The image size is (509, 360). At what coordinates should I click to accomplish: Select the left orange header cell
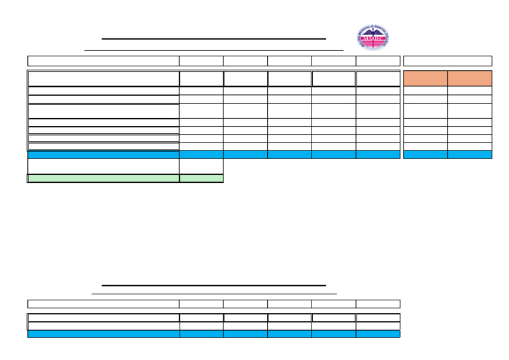(x=425, y=78)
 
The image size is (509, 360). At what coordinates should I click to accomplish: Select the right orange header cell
(x=470, y=78)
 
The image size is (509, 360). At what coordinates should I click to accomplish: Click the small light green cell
(x=201, y=178)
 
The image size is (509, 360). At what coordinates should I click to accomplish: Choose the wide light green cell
(x=103, y=178)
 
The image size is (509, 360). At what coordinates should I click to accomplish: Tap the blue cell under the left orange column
(x=425, y=154)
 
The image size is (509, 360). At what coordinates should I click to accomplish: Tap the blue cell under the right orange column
(x=470, y=154)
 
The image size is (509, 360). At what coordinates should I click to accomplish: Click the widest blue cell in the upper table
(x=103, y=154)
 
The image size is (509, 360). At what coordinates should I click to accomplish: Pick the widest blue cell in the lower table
(x=103, y=334)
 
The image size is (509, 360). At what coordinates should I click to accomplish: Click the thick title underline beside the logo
(x=213, y=39)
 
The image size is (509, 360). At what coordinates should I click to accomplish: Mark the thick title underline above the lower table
(x=213, y=286)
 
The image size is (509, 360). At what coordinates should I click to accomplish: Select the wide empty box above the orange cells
(x=447, y=61)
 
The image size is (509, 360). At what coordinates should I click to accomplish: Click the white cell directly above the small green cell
(x=201, y=166)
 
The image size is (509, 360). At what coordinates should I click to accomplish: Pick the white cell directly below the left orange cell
(x=425, y=91)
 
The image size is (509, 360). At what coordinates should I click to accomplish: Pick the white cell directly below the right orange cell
(x=470, y=91)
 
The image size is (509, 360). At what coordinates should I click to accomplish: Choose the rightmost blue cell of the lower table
(x=378, y=334)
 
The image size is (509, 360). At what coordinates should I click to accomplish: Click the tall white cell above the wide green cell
(x=103, y=166)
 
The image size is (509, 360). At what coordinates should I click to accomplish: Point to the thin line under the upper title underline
(x=213, y=50)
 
